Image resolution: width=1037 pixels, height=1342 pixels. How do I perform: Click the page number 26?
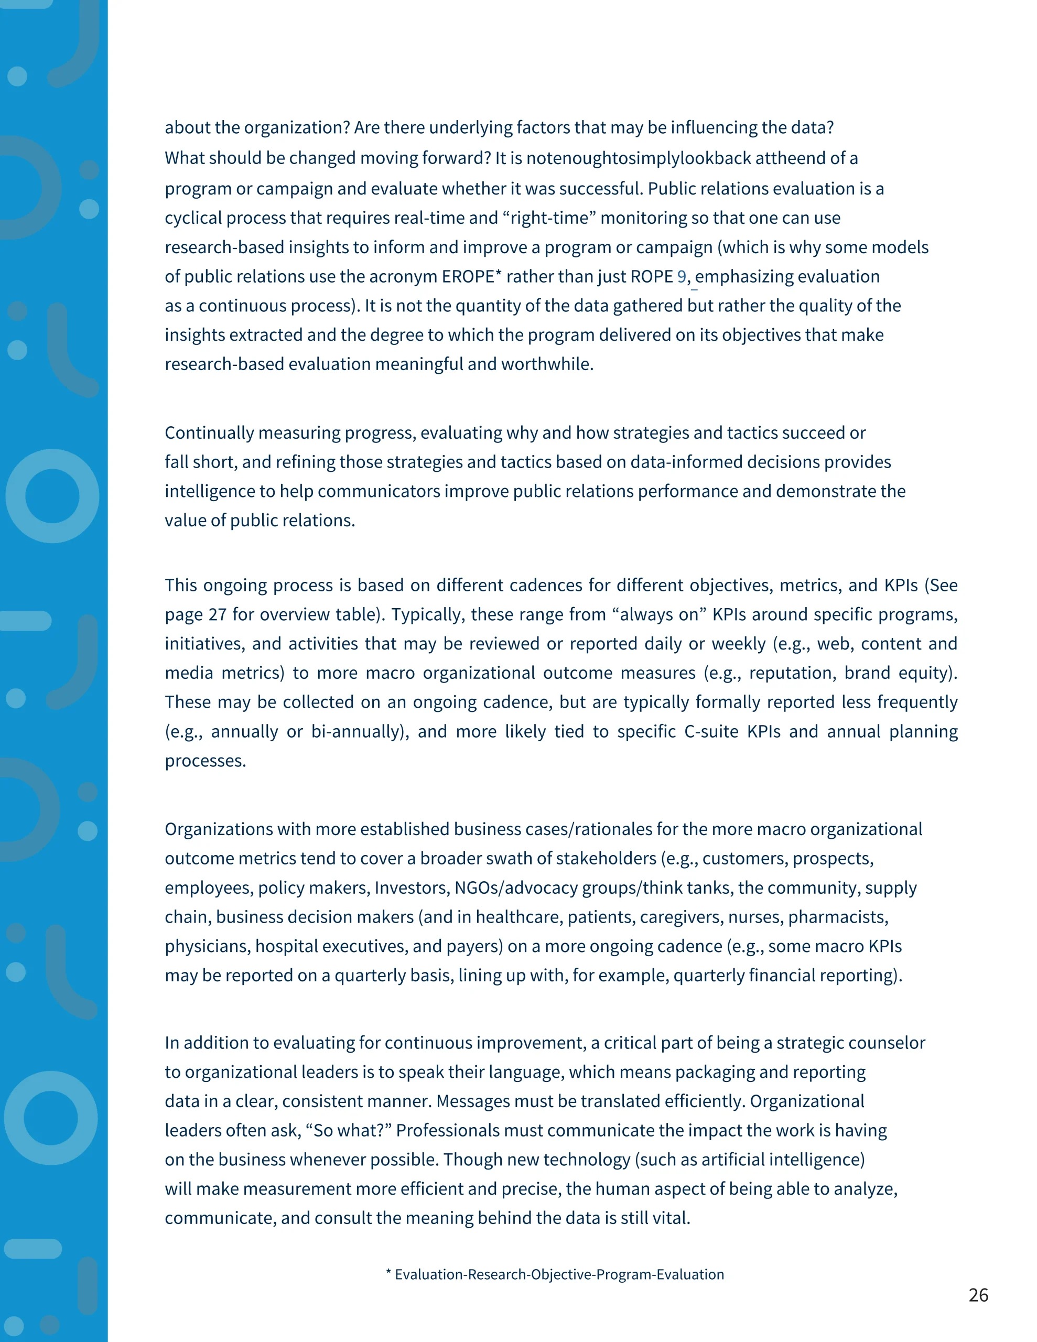[978, 1295]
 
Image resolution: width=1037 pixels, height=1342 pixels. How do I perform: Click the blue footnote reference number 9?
[681, 276]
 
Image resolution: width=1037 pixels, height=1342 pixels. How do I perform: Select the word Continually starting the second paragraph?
[209, 432]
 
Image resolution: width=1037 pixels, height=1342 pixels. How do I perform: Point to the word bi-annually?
[357, 731]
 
